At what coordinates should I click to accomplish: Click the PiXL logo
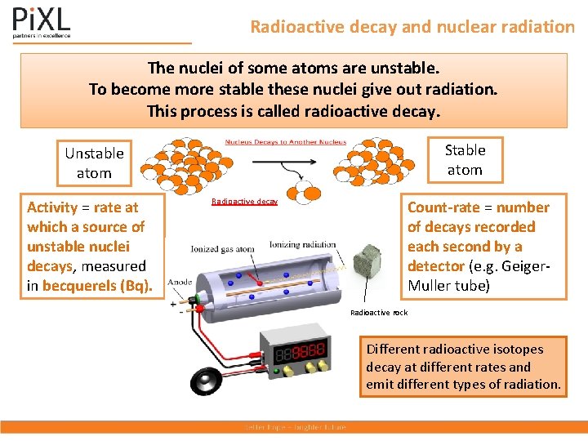pos(42,23)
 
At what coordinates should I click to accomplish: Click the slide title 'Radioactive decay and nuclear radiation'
pos(412,27)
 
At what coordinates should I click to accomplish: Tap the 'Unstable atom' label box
pos(94,163)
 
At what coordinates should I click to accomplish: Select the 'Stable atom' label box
pos(465,160)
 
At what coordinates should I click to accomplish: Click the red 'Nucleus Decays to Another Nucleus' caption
pos(286,142)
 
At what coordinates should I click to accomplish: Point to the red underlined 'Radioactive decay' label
pos(244,201)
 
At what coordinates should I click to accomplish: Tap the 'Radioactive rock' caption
pos(378,313)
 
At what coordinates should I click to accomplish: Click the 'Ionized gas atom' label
pos(222,249)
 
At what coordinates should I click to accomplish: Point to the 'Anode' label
pos(180,283)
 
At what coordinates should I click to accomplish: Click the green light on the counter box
pos(277,373)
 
